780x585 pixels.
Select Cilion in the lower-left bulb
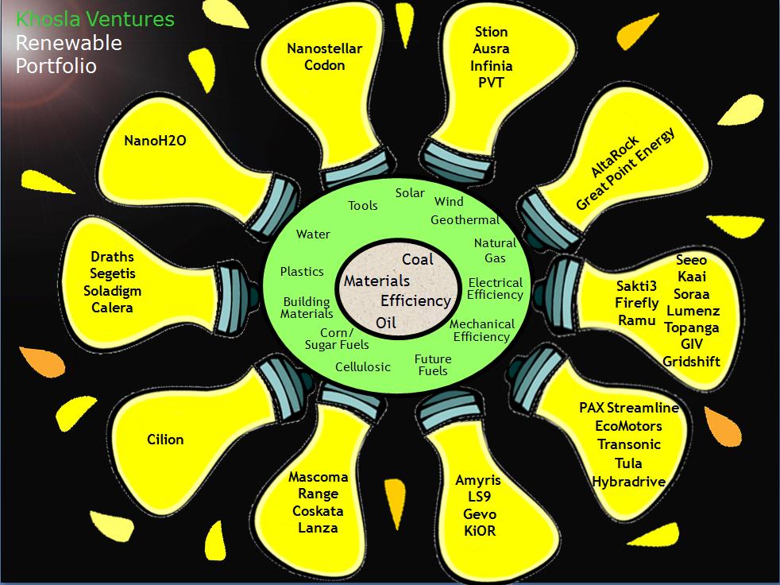165,439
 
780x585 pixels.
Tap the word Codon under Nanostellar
324,65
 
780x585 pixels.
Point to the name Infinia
491,66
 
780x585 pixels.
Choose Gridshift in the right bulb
691,361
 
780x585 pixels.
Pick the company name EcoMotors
628,425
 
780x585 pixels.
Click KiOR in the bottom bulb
479,530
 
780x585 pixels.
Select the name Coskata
318,511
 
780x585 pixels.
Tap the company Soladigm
112,291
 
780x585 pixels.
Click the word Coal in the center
418,260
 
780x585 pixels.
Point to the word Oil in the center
386,323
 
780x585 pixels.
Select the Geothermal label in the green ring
465,219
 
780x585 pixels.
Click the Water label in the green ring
313,234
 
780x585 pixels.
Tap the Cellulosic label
363,367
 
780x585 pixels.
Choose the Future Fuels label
433,365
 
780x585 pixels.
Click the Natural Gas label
495,250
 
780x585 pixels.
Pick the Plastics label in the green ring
302,272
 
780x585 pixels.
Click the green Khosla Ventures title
95,19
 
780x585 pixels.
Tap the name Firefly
636,303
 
